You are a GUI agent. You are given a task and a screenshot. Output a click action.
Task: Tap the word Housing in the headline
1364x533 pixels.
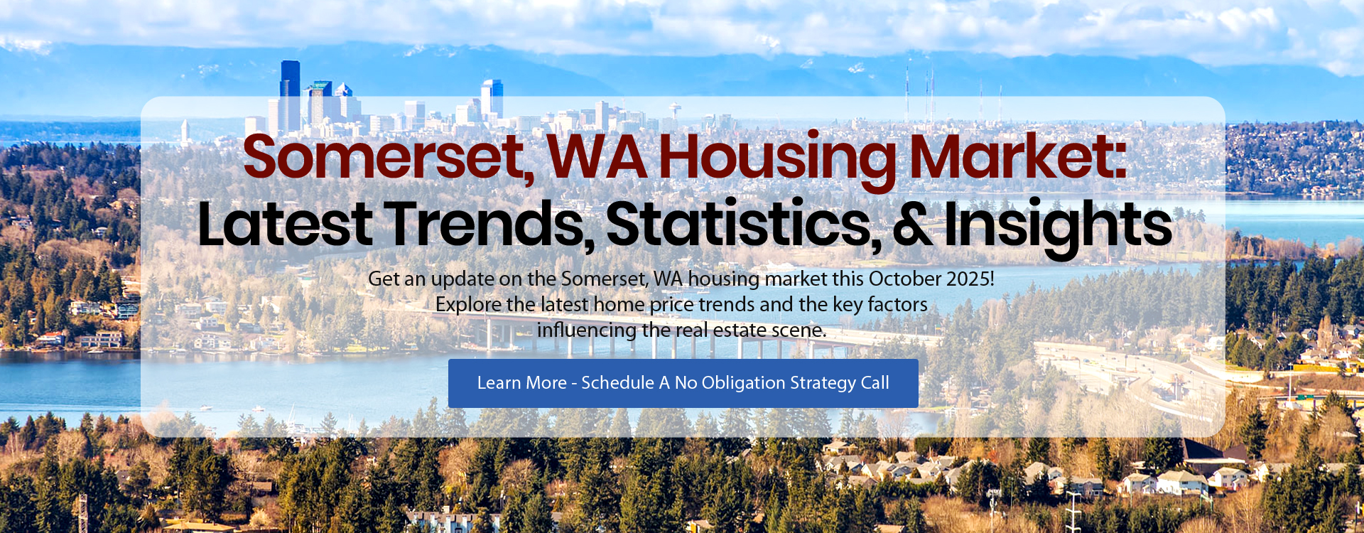pos(778,157)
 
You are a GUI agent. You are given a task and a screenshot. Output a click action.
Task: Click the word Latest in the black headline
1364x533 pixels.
pos(285,224)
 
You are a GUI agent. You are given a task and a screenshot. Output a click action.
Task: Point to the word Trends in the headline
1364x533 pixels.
pos(492,225)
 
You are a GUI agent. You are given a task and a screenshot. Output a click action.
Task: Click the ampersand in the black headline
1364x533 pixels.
pos(912,225)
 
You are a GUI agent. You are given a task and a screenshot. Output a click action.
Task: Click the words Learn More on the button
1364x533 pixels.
pos(522,382)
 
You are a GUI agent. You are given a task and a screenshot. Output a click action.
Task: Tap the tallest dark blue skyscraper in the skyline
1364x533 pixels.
pos(290,96)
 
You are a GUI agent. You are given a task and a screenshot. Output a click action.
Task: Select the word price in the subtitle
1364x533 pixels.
pos(672,305)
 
